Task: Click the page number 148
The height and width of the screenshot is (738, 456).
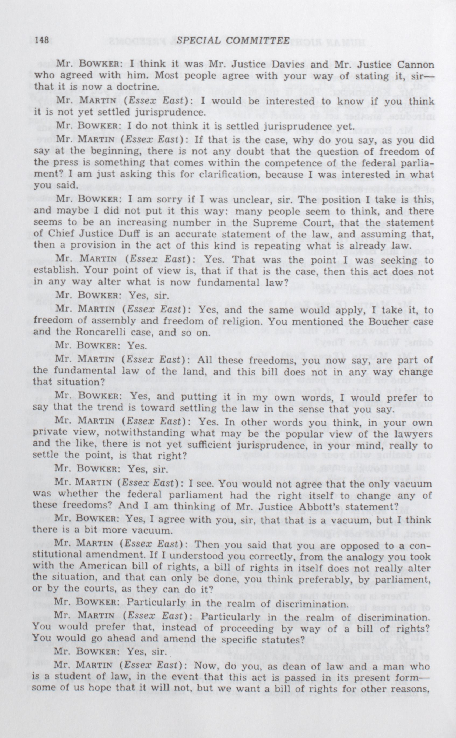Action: pos(42,40)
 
